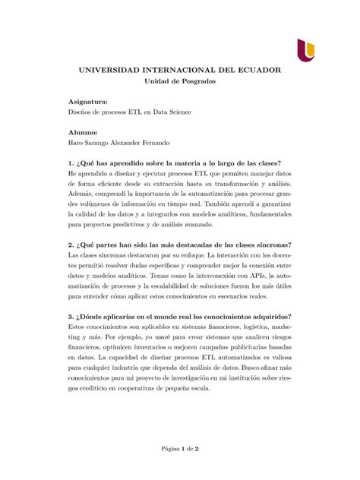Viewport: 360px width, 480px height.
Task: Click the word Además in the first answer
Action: (x=82, y=194)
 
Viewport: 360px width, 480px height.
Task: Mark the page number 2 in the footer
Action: (x=196, y=450)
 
